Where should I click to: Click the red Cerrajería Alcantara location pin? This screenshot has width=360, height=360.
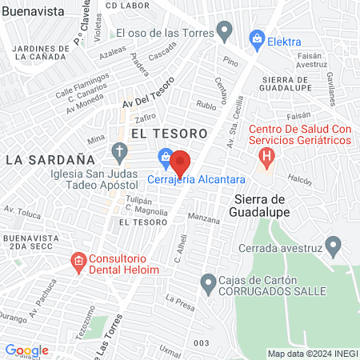[181, 162]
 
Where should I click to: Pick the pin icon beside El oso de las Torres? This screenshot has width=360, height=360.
[226, 33]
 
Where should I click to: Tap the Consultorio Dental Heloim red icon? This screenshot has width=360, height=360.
[78, 261]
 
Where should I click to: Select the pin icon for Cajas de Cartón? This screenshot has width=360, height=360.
[208, 281]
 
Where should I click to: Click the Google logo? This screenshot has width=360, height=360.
[26, 350]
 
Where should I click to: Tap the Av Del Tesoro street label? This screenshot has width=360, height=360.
[147, 93]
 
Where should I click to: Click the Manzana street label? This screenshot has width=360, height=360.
[203, 218]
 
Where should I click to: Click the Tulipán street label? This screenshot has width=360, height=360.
[116, 201]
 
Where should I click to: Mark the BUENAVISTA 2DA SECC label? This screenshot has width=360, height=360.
[30, 242]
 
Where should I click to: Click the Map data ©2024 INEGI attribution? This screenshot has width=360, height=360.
[312, 353]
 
